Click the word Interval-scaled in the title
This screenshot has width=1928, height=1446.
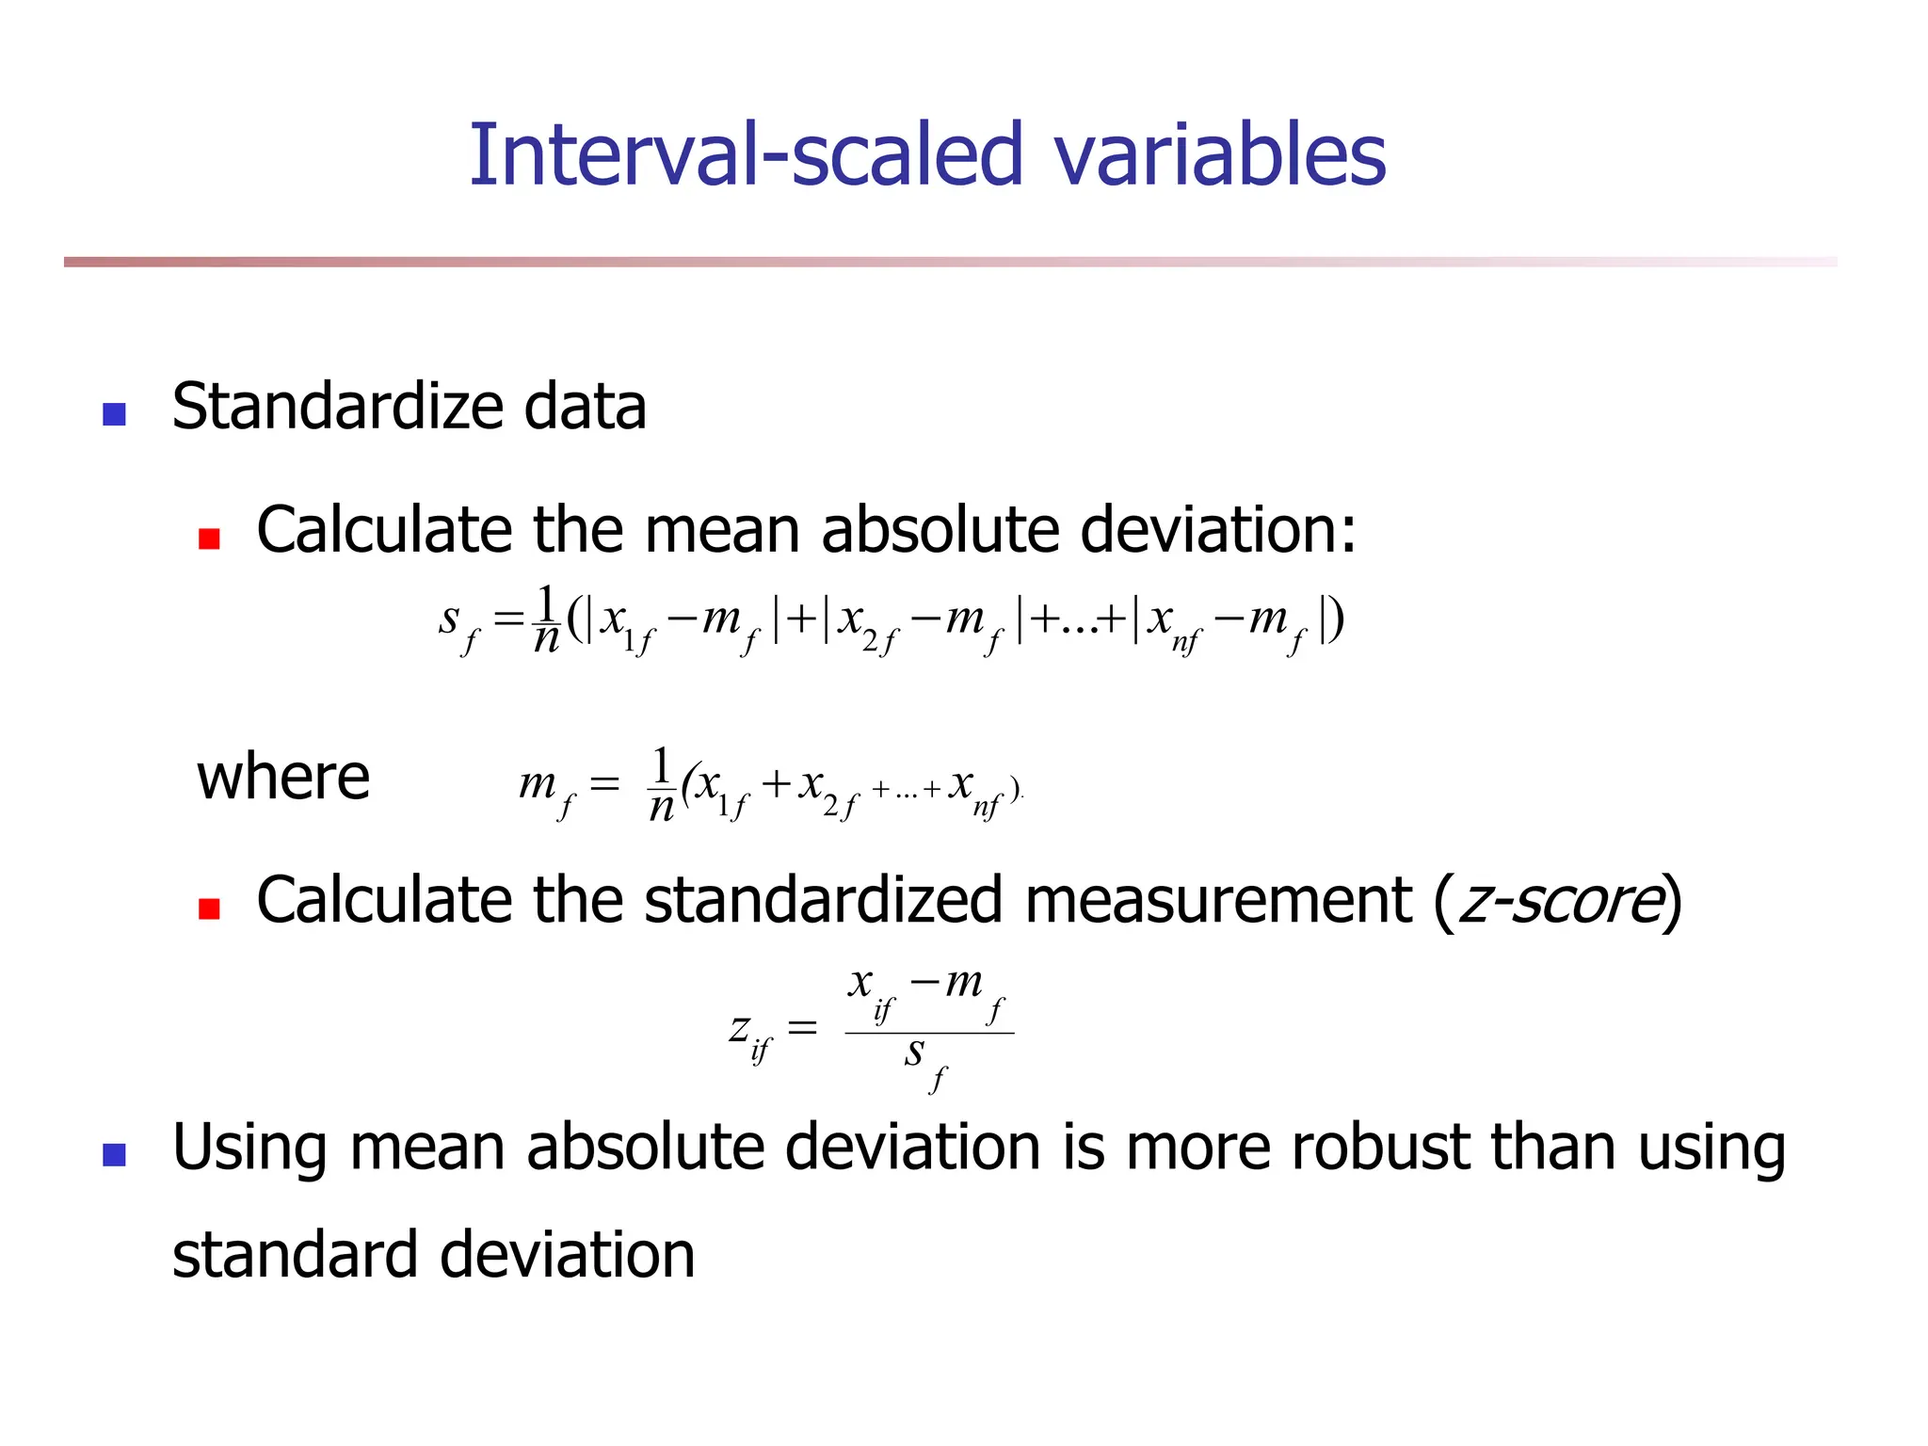[x=745, y=154]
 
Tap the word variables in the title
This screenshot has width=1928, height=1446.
[x=1219, y=154]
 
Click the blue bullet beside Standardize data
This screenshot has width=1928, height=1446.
[x=114, y=413]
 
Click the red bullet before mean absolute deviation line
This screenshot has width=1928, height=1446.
[x=209, y=538]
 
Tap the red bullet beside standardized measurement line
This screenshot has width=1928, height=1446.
[x=209, y=908]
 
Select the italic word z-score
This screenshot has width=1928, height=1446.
[x=1559, y=900]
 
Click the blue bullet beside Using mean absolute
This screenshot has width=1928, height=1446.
[x=114, y=1155]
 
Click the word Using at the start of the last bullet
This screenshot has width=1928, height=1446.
[x=249, y=1149]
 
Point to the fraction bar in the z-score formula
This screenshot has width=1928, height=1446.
[x=929, y=1033]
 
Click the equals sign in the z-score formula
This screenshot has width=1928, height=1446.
[x=801, y=1027]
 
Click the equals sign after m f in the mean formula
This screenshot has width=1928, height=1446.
[x=603, y=783]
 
